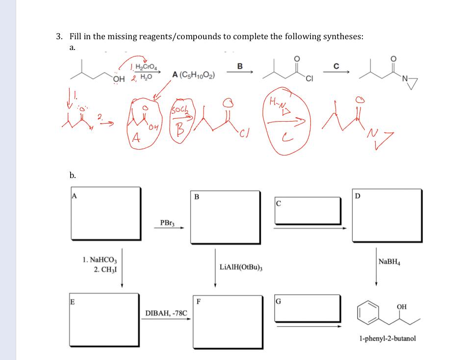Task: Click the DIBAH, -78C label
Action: point(166,312)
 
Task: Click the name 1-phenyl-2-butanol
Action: point(387,338)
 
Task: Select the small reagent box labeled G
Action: point(307,308)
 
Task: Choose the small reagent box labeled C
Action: point(307,210)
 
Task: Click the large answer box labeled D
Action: point(386,215)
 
